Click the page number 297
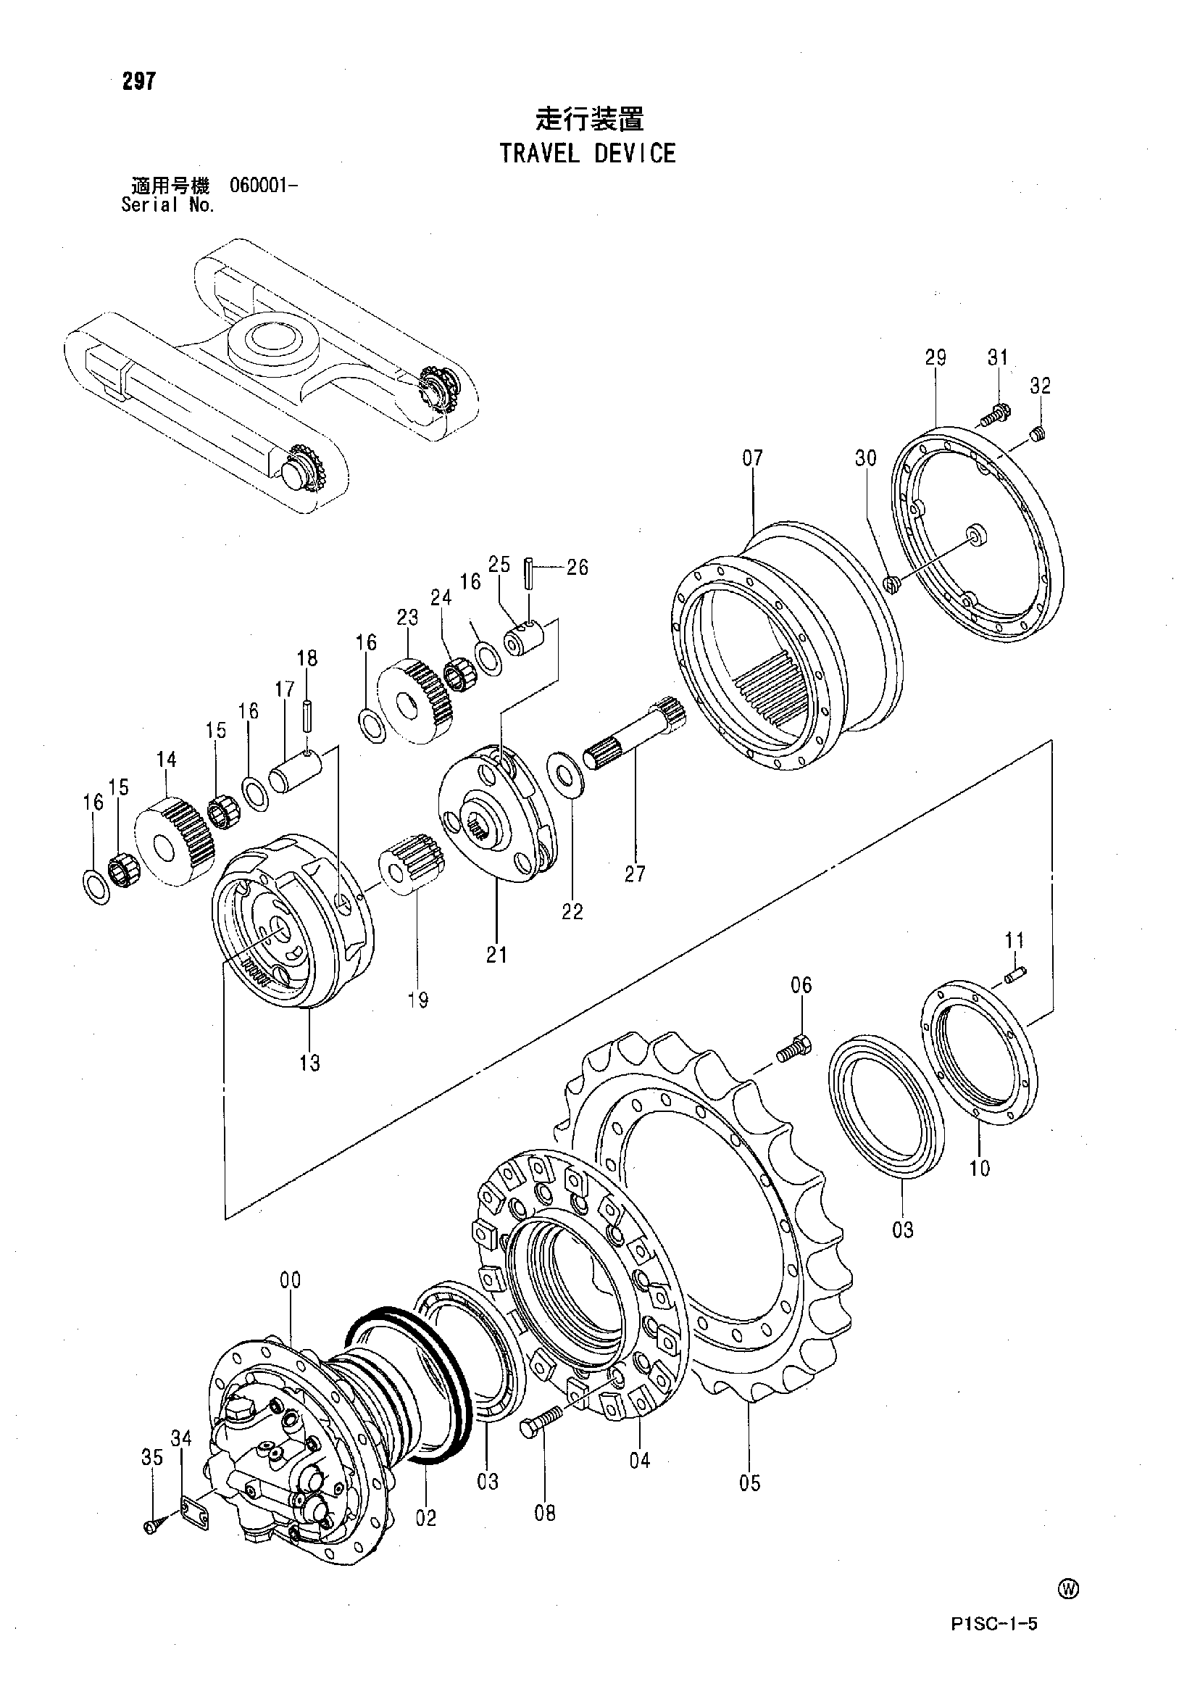(140, 81)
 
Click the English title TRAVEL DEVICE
(588, 154)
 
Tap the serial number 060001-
(264, 186)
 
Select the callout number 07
(752, 458)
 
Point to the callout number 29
(936, 357)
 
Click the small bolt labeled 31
(994, 416)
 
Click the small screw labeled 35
(150, 1524)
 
